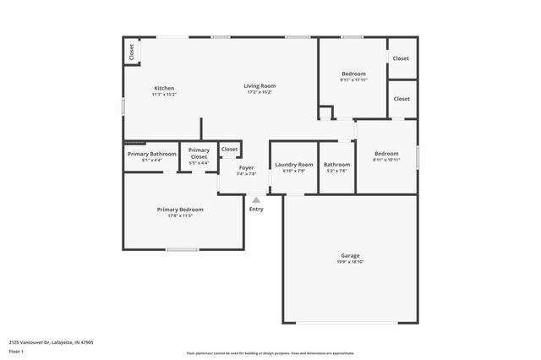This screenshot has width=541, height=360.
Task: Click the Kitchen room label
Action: coord(164,89)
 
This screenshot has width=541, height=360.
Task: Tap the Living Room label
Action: coord(260,85)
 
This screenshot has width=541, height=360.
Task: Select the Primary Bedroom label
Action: coord(180,209)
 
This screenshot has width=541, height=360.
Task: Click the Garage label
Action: coord(350,255)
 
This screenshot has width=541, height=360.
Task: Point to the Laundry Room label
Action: coord(293,165)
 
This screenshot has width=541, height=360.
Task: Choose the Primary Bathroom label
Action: coord(152,154)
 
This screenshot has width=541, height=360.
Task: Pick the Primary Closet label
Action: coord(199,154)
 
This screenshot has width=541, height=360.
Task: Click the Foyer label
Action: coord(246,167)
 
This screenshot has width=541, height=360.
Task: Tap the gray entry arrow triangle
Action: coord(256,199)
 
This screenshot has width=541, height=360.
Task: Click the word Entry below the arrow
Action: coord(256,209)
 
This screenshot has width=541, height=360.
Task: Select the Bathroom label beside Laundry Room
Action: coord(336,165)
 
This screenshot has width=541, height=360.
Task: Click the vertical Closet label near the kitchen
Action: coord(132,52)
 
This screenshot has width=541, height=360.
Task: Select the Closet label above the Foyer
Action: coord(229,149)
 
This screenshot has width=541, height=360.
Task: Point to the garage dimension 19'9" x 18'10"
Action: coord(350,262)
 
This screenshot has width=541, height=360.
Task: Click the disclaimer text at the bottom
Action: coord(270,353)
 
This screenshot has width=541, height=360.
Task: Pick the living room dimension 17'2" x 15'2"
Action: coord(260,92)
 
